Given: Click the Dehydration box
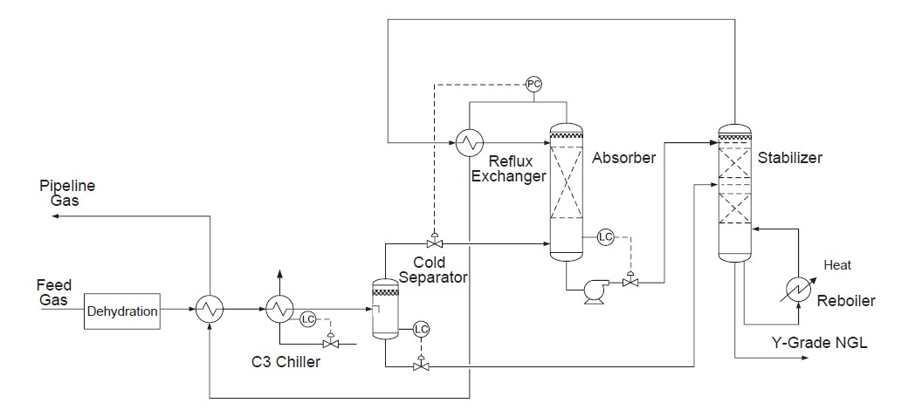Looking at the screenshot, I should click(123, 311).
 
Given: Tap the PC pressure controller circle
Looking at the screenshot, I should click(533, 85).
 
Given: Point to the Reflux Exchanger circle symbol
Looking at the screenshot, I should click(471, 141).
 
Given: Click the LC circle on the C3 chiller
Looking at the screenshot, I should click(307, 319).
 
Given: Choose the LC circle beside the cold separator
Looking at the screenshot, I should click(421, 329).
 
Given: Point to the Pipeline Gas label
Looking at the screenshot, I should click(67, 193).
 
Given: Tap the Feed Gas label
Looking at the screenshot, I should click(54, 292).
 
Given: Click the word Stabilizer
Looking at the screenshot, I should click(790, 159).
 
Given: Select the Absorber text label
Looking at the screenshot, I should click(623, 158).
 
